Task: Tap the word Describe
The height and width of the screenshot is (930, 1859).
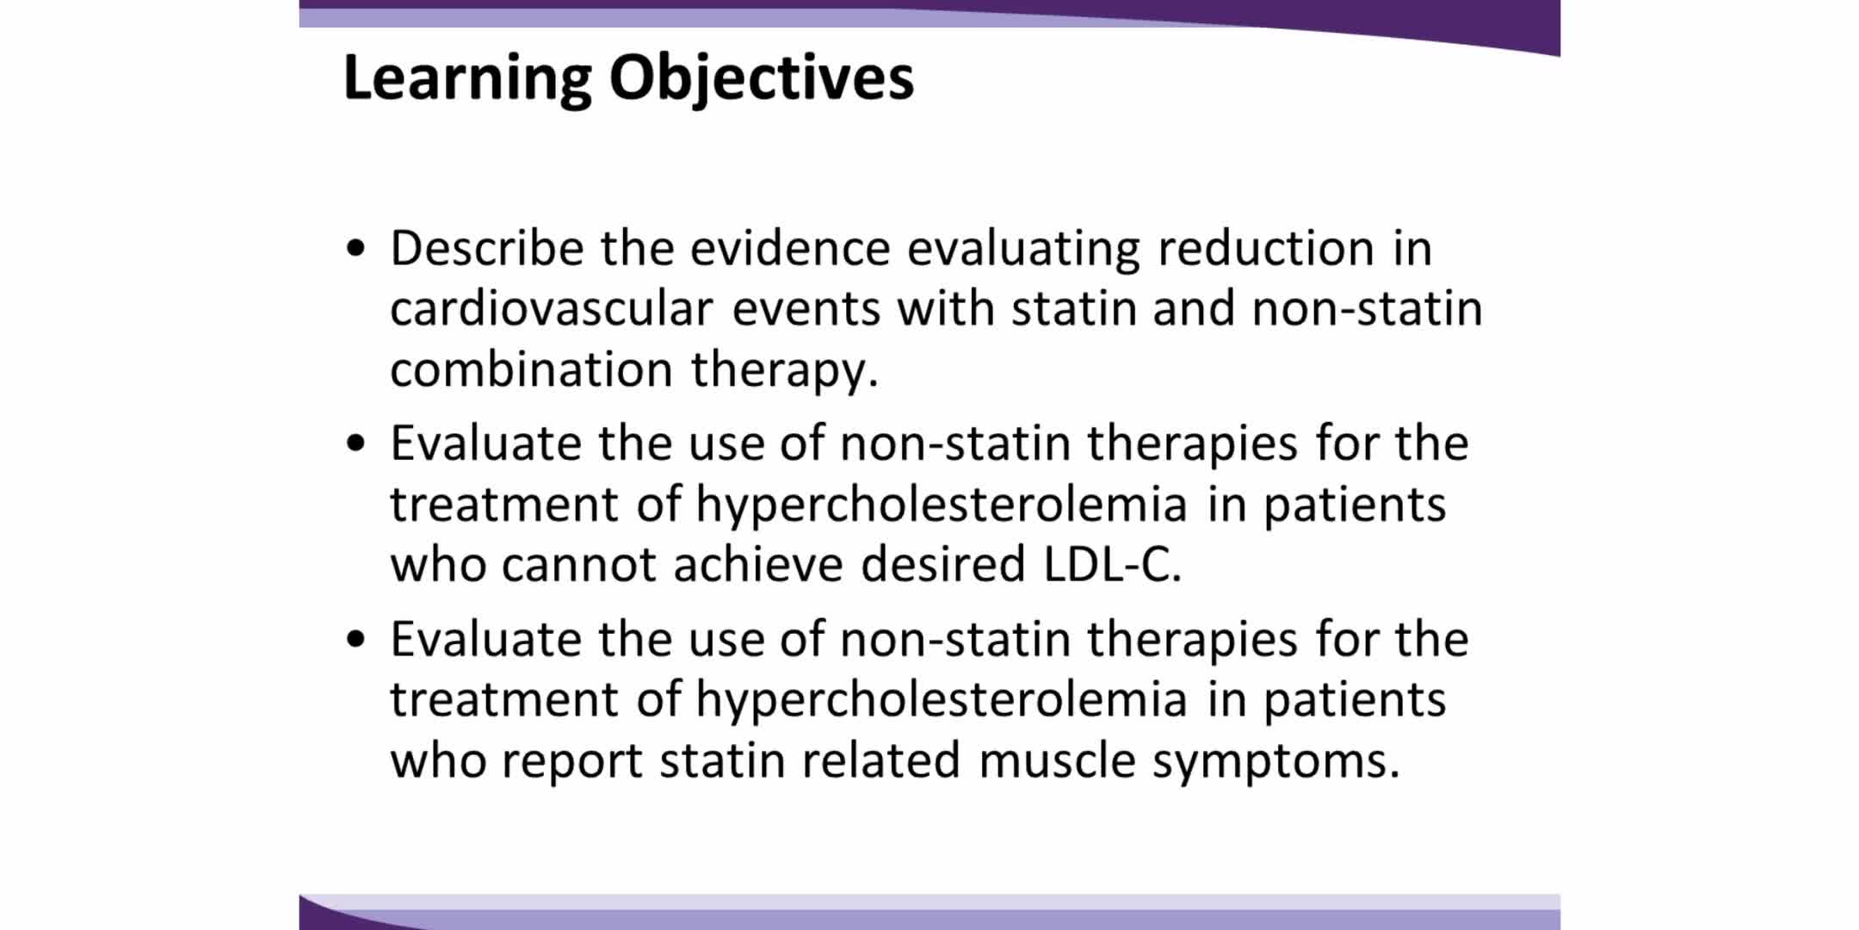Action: point(487,248)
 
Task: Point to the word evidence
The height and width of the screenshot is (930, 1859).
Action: point(789,248)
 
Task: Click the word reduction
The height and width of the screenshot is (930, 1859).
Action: point(1265,248)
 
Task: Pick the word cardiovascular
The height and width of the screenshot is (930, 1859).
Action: point(552,308)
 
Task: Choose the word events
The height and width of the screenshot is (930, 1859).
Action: point(806,310)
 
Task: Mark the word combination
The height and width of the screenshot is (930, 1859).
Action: point(531,369)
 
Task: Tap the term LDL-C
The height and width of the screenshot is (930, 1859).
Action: point(1112,565)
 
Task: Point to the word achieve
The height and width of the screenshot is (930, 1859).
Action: point(758,565)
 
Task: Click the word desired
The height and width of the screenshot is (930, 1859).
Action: point(943,565)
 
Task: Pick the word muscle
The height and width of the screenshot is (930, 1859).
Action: point(1057,760)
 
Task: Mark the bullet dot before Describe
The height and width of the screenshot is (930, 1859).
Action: point(355,250)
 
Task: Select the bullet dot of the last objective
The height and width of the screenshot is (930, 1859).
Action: point(355,641)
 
